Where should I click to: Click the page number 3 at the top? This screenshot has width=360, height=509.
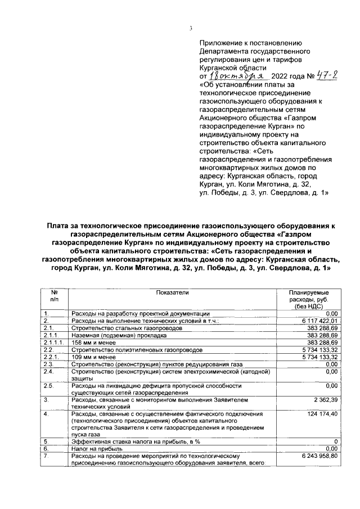pyautogui.click(x=191, y=29)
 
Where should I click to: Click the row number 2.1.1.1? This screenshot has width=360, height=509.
pyautogui.click(x=55, y=342)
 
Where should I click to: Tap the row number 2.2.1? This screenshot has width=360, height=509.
pyautogui.click(x=52, y=357)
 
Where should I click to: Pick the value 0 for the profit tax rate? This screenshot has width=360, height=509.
pyautogui.click(x=335, y=442)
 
